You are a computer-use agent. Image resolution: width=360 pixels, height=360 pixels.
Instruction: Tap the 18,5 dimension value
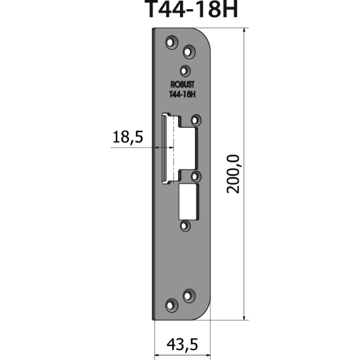[128, 139]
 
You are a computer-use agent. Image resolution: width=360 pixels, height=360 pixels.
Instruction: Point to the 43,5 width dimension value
[182, 344]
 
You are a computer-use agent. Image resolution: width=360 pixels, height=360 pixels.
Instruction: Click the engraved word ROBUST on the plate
[183, 85]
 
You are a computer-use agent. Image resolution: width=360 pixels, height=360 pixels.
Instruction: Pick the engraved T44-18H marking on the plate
[183, 94]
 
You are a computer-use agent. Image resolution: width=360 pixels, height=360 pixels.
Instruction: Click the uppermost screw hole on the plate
[173, 43]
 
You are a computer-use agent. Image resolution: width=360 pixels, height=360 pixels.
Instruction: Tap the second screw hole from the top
[189, 51]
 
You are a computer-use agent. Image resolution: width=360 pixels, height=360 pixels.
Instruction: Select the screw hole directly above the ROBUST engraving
[185, 70]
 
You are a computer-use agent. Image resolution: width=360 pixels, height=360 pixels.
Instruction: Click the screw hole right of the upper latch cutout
[196, 120]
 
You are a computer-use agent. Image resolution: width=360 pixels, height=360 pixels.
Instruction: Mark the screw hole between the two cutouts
[196, 175]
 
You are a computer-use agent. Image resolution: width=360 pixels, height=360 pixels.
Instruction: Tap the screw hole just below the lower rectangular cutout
[185, 225]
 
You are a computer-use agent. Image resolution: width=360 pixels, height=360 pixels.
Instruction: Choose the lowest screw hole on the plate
[173, 304]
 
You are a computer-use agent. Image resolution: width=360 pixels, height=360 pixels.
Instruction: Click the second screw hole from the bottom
[189, 295]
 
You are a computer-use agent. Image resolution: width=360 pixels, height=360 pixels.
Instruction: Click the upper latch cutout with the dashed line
[175, 147]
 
